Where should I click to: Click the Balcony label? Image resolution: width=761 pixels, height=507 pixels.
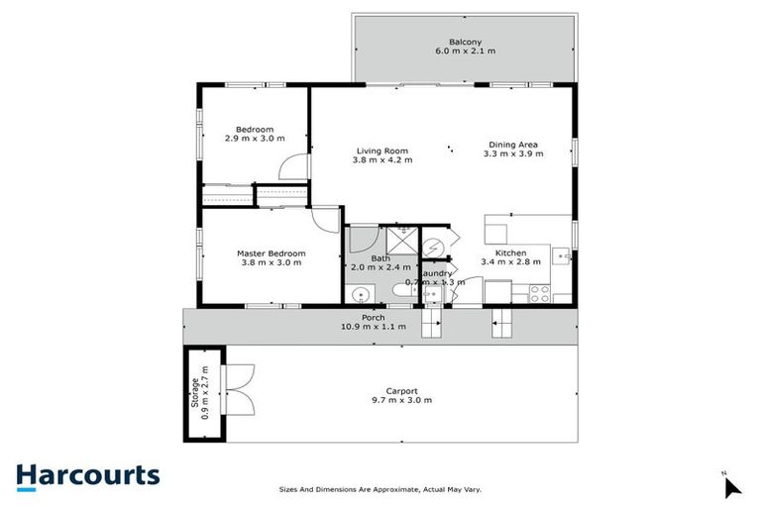click(465, 42)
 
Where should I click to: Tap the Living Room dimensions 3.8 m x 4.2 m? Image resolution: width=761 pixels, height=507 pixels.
click(383, 159)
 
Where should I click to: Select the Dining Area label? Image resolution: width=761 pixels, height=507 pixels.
click(512, 143)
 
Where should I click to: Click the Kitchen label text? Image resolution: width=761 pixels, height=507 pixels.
click(511, 253)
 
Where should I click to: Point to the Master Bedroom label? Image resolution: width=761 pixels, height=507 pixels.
click(271, 253)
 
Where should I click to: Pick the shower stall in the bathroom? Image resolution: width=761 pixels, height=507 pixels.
click(402, 240)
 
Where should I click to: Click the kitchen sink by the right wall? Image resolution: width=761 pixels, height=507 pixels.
click(564, 256)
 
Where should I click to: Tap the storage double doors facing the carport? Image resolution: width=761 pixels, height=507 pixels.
click(240, 389)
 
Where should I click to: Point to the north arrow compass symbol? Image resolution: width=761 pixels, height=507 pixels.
click(730, 485)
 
